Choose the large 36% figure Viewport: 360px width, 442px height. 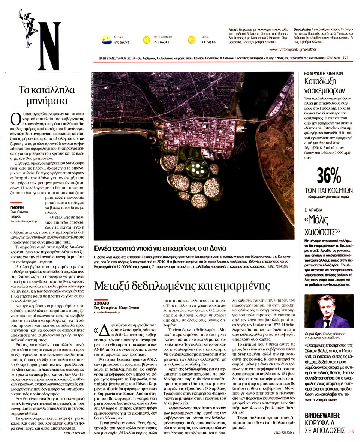tap(330, 174)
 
